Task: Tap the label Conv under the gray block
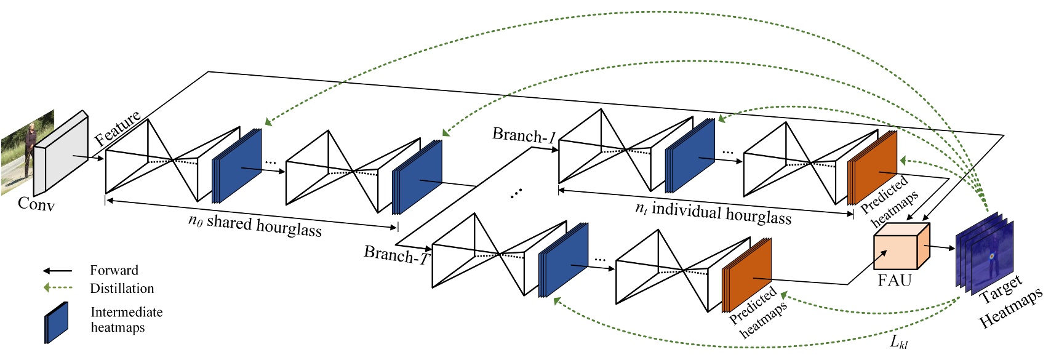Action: point(36,204)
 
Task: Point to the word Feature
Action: point(117,129)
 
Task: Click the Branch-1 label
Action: point(524,135)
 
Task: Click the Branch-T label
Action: point(396,254)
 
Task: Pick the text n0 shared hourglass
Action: point(255,225)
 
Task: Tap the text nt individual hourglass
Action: point(713,212)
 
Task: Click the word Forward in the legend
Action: point(114,270)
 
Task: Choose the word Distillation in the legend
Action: point(122,288)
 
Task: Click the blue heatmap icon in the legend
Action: point(56,322)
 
